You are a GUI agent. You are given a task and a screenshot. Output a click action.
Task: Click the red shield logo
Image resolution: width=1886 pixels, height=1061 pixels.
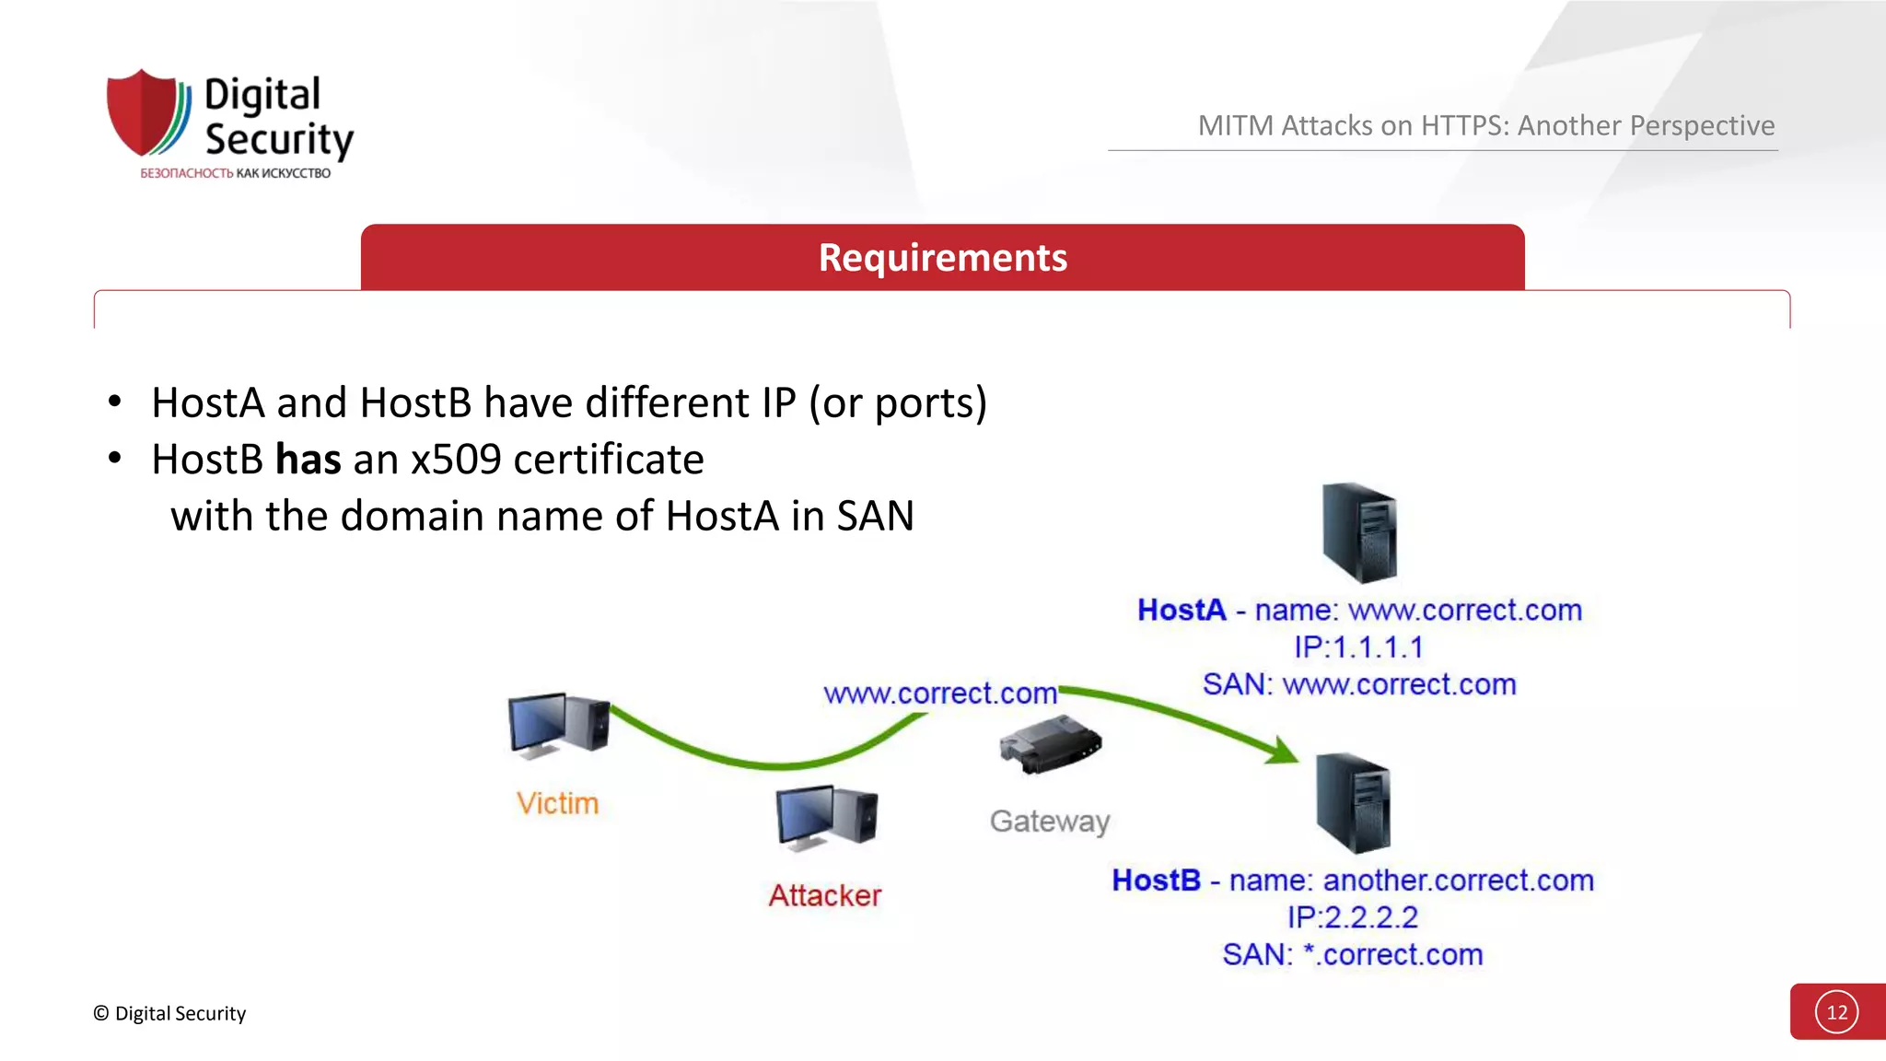[x=143, y=112]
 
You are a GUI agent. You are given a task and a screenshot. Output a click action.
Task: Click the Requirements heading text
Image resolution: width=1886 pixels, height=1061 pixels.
[x=942, y=258]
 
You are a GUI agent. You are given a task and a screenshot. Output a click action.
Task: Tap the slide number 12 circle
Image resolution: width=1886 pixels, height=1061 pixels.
[x=1836, y=1012]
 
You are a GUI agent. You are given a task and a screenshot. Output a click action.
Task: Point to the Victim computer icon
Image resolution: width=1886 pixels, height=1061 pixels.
[x=558, y=726]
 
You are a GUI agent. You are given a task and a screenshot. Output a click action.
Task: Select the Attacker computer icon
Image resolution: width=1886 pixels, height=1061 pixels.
[x=826, y=816]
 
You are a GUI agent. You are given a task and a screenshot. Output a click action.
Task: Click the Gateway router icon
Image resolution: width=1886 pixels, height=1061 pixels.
[x=1051, y=745]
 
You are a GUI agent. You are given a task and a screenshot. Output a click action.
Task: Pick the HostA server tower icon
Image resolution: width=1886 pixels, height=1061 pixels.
[x=1359, y=532]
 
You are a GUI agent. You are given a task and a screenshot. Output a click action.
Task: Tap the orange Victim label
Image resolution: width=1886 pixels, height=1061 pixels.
[x=557, y=803]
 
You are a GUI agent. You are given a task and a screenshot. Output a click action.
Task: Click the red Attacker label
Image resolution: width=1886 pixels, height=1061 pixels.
[x=825, y=895]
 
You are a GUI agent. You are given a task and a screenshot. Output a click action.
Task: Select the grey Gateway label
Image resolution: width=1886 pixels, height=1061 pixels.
[x=1050, y=821]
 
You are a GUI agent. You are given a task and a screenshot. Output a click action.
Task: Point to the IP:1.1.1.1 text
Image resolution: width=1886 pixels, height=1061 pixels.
[x=1358, y=647]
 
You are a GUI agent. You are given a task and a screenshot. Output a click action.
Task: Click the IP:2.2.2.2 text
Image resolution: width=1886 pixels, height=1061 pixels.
[x=1352, y=917]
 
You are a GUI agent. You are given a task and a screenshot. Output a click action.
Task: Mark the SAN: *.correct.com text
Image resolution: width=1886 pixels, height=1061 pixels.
[x=1352, y=955]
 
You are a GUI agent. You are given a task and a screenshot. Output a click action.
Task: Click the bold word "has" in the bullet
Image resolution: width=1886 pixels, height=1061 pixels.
[x=308, y=460]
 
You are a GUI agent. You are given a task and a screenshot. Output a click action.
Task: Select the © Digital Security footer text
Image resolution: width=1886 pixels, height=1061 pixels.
[x=169, y=1014]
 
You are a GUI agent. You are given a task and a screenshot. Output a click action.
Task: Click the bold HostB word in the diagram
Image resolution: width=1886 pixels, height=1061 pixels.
[x=1156, y=880]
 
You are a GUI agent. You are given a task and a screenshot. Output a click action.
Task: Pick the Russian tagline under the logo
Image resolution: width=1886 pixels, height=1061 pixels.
[x=235, y=173]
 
